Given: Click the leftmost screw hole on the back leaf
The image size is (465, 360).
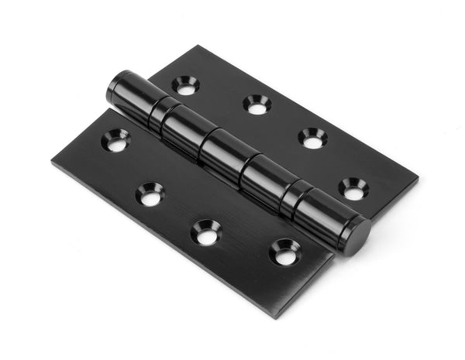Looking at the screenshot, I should (185, 85).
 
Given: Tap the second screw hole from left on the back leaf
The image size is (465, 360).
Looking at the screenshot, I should (257, 105).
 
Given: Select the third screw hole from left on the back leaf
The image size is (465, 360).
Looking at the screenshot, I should (313, 139).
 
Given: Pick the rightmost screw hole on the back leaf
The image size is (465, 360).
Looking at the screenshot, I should (353, 188).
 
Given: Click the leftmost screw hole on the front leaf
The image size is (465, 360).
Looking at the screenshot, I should (115, 140).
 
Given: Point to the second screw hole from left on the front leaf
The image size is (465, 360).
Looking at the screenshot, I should (150, 194).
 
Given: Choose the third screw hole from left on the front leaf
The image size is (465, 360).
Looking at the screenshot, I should (206, 233).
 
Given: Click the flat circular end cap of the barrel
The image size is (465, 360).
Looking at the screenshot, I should (357, 236).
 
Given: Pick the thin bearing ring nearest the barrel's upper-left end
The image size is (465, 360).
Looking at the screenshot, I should (164, 115).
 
